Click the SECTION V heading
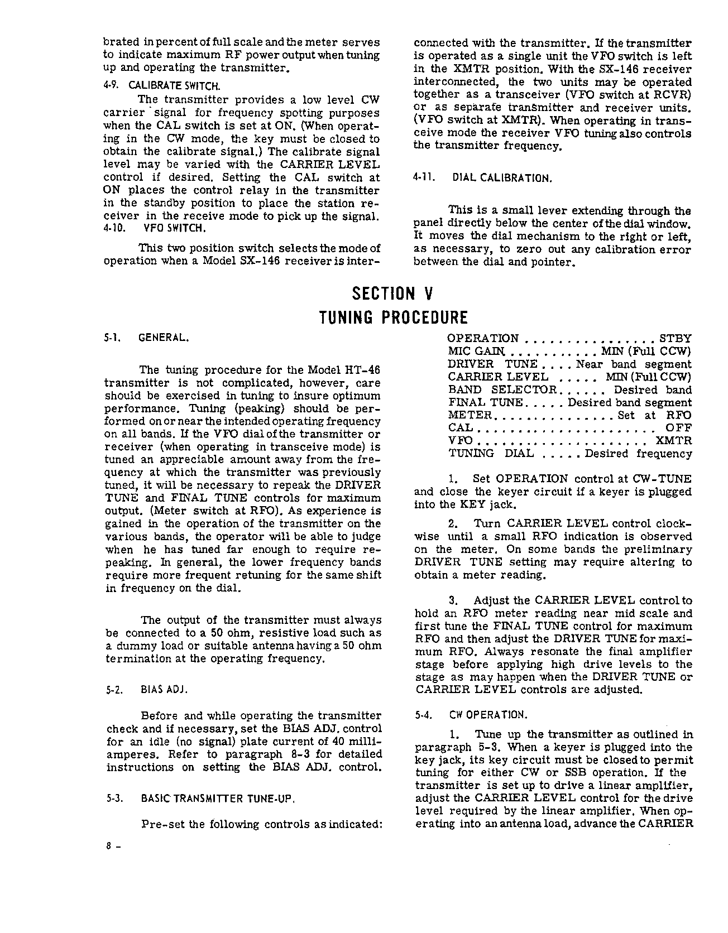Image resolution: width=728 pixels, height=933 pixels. pos(392,294)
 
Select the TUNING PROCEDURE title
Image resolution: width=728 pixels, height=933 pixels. pos(392,318)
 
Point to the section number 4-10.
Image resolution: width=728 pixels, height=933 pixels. pos(114,228)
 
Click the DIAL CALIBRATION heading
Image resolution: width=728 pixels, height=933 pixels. pos(502,179)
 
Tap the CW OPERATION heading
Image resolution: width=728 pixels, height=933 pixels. pos(487,715)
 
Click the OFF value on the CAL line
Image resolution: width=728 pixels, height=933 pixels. pos(679,428)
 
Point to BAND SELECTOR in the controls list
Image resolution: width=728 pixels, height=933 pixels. pos(502,390)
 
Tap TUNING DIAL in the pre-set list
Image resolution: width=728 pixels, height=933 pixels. pos(491,454)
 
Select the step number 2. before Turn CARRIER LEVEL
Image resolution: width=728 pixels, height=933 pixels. pos(453,524)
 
